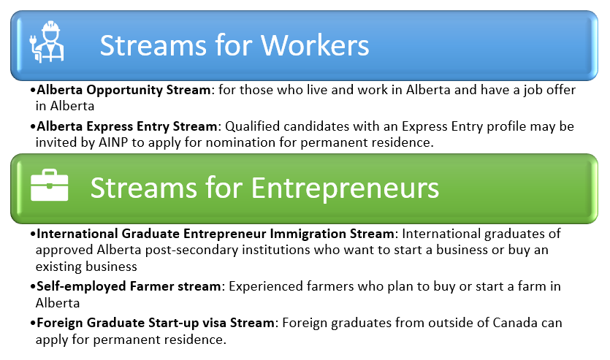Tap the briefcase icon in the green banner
pos(50,188)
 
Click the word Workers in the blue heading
pos(316,45)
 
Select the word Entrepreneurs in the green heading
pos(345,188)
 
